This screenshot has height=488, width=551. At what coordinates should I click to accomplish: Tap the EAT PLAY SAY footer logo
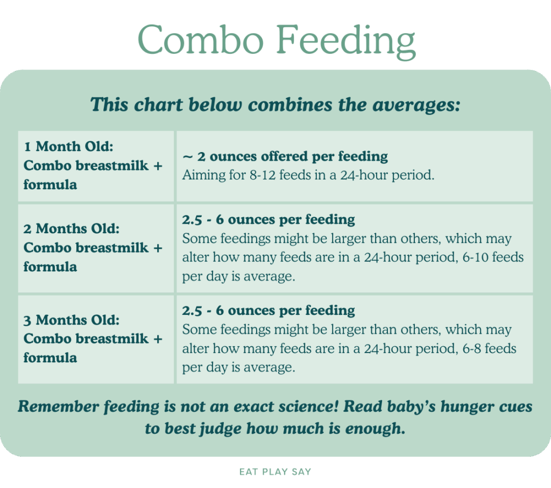tap(275, 472)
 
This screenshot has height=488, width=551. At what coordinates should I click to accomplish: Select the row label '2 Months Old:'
tap(71, 228)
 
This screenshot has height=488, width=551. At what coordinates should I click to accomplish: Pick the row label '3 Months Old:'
tap(71, 320)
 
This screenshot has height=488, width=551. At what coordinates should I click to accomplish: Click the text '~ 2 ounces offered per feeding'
tap(285, 156)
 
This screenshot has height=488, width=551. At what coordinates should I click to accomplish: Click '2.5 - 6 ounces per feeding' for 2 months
tap(269, 219)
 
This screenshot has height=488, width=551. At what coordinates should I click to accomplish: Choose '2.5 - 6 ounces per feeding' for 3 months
tap(269, 311)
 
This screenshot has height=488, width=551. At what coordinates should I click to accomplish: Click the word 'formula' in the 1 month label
tap(50, 184)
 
